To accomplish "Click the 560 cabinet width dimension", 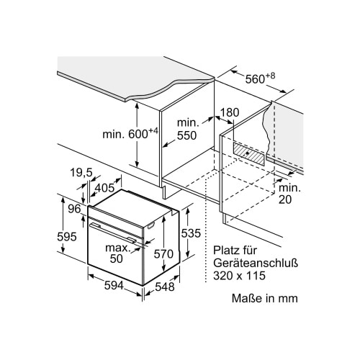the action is (x=260, y=78).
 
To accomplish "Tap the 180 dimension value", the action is (x=230, y=112).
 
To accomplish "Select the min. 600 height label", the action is (x=130, y=133).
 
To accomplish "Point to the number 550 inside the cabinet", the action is (x=186, y=135).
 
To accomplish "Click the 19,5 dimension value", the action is (x=81, y=172).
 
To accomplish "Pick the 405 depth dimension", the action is (x=104, y=187).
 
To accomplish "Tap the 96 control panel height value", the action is (x=74, y=209).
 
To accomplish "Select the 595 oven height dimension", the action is (x=67, y=237).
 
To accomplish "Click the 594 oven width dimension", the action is (x=114, y=285).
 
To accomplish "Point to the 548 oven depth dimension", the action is (x=165, y=287).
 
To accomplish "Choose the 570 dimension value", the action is (x=163, y=253).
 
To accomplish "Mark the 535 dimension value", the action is (x=191, y=233).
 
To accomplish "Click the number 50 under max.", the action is (x=117, y=258).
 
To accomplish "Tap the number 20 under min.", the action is (x=285, y=199).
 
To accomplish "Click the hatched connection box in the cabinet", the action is (x=248, y=153).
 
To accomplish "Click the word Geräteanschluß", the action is (x=256, y=264).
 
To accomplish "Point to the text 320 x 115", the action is (x=240, y=276).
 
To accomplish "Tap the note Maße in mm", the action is (x=265, y=298).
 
